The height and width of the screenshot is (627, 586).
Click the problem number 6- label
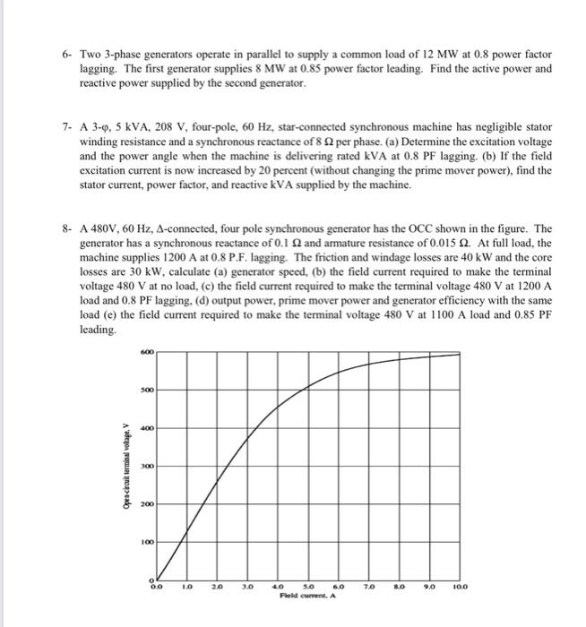tap(67, 56)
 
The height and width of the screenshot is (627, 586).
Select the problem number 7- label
tap(67, 129)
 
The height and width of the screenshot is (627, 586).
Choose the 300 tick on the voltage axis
tap(147, 466)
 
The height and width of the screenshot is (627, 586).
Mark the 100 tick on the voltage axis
tap(147, 542)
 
